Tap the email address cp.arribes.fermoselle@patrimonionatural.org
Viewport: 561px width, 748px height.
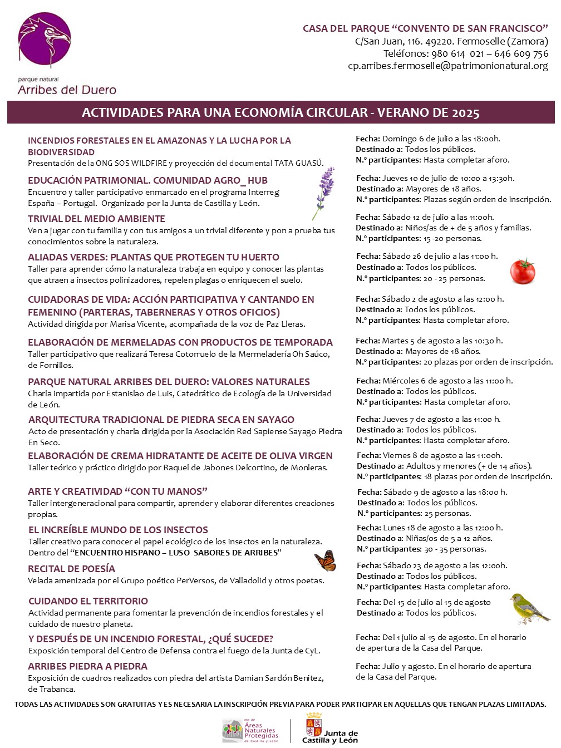[x=448, y=66]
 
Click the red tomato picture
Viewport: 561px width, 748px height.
[x=523, y=272]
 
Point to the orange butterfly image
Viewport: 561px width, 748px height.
[x=326, y=561]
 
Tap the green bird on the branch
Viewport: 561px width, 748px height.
[x=528, y=608]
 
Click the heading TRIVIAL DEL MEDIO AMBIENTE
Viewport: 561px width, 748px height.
[x=96, y=219]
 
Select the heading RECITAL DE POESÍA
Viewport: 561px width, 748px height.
[x=71, y=569]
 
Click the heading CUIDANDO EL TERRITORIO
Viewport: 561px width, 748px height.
[x=88, y=601]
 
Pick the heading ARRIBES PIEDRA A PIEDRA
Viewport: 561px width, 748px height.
[x=87, y=666]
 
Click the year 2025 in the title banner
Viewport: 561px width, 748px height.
[x=466, y=113]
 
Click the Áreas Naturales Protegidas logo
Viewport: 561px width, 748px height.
[x=250, y=730]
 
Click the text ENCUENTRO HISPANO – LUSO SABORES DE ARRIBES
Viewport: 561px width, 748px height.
[x=178, y=553]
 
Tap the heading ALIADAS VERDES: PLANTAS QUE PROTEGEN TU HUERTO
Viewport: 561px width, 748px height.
[x=154, y=257]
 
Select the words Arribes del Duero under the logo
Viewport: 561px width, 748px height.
[x=67, y=90]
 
